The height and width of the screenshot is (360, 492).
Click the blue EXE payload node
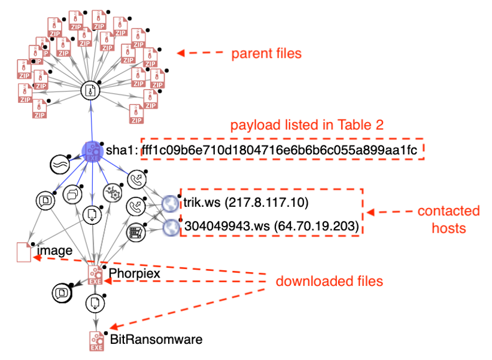(x=92, y=151)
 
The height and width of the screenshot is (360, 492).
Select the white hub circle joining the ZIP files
(x=90, y=91)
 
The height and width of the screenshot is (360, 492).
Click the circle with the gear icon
(x=112, y=192)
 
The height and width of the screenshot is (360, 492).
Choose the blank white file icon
(x=24, y=251)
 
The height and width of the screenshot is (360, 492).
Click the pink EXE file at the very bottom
(x=96, y=341)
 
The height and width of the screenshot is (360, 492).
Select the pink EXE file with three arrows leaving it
(x=96, y=275)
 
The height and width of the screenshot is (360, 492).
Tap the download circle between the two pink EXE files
(x=95, y=303)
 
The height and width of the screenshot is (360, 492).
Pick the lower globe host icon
(x=171, y=227)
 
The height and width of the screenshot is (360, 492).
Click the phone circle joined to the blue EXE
(x=136, y=179)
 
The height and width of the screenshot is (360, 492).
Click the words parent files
(x=266, y=54)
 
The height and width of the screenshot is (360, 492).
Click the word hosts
(x=449, y=228)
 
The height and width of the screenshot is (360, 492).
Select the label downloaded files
(x=329, y=281)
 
